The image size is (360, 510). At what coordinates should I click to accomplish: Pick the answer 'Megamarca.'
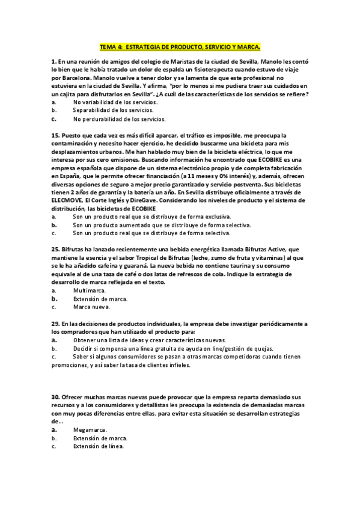(90, 431)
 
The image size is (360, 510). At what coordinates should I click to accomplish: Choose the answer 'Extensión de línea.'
(99, 447)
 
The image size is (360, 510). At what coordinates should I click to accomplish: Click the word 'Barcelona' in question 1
(75, 78)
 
